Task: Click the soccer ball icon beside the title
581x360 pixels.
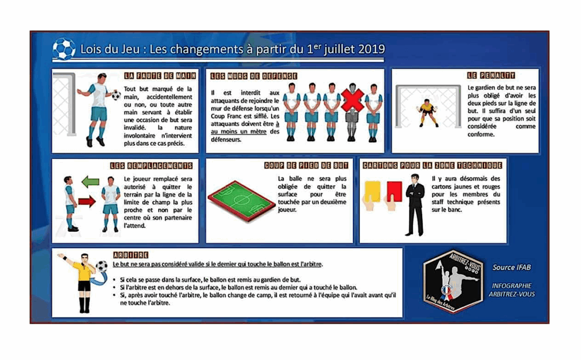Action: (x=64, y=49)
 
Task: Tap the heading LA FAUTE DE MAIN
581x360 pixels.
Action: (x=160, y=75)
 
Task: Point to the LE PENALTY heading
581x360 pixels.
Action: (x=491, y=75)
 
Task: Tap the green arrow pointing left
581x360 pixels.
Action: (x=90, y=182)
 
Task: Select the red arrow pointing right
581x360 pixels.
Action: (x=86, y=201)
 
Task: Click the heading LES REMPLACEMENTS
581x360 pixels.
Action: (x=151, y=166)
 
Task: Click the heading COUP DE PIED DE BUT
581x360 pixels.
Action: (x=306, y=166)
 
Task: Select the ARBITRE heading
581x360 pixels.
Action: (x=130, y=255)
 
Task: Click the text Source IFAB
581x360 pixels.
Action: (x=512, y=268)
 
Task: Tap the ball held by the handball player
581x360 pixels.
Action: (x=116, y=95)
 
